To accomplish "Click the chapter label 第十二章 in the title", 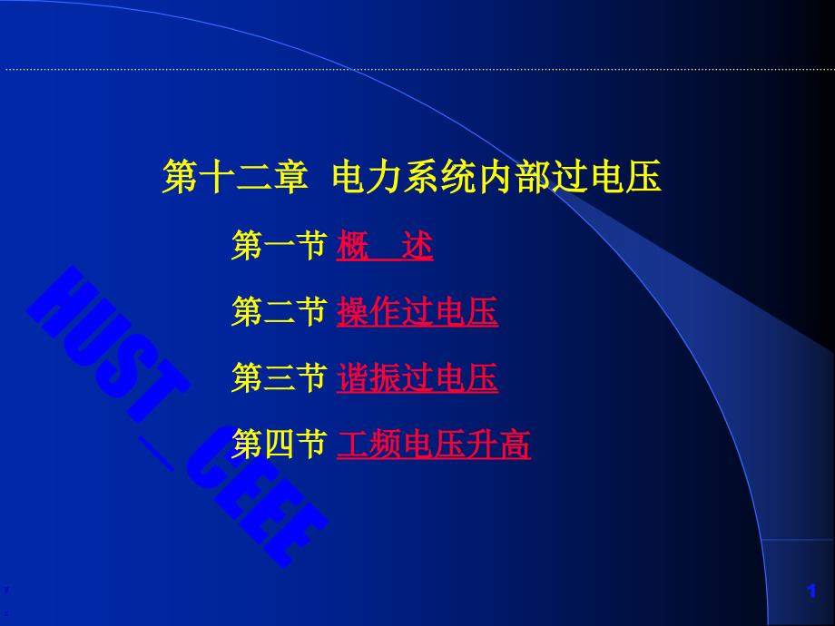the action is (x=235, y=177).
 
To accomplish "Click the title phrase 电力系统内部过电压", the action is (x=496, y=177).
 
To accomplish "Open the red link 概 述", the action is (x=385, y=245).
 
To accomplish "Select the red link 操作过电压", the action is (x=417, y=311).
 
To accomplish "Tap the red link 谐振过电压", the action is (x=417, y=377).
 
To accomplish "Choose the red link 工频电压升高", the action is (x=434, y=444).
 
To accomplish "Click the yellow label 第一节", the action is (x=279, y=245).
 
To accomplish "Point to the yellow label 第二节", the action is (x=279, y=311).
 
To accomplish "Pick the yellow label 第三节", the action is (x=279, y=377).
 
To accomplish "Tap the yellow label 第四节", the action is (x=279, y=444).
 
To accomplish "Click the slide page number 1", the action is (x=811, y=591).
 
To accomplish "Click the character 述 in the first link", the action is (x=417, y=245).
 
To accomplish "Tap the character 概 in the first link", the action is (x=352, y=245).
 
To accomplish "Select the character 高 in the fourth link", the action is (x=515, y=444).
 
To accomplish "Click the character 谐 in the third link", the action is (x=352, y=377).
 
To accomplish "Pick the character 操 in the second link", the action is (x=352, y=311).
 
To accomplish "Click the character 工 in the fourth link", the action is (x=352, y=444).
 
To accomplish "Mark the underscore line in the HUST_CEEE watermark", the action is (x=156, y=454).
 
